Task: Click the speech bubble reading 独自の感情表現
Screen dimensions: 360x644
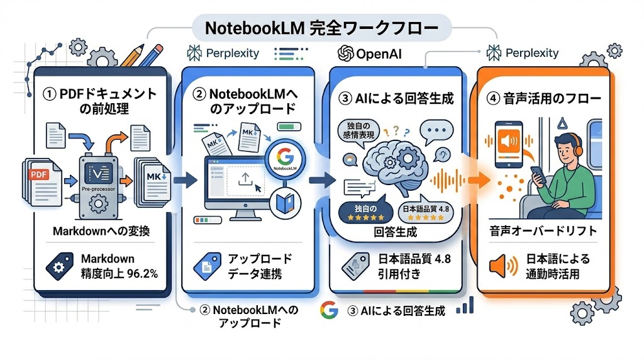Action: [359, 131]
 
